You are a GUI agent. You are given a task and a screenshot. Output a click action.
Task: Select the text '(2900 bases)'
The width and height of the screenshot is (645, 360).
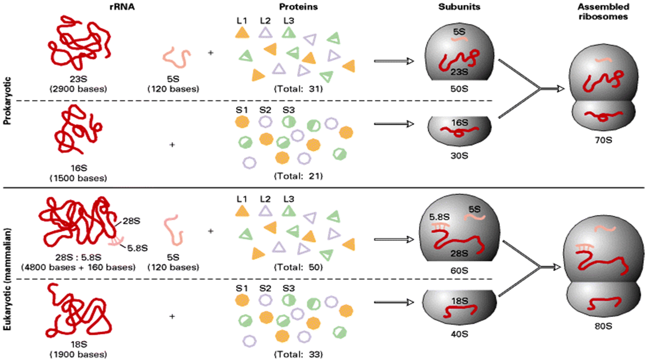point(78,89)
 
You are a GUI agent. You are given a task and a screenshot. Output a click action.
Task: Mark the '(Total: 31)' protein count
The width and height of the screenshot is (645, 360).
point(298,89)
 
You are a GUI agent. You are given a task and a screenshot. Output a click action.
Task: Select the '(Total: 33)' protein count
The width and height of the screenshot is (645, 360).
point(298,354)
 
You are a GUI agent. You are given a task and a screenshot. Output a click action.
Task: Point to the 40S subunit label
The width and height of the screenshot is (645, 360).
point(458,334)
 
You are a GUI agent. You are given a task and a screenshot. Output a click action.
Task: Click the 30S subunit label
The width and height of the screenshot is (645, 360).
point(458,156)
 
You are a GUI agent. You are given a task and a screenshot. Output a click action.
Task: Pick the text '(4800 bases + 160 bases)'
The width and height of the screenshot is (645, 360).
point(78,267)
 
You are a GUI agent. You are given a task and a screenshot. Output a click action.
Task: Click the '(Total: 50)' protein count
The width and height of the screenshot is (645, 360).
point(298,267)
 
